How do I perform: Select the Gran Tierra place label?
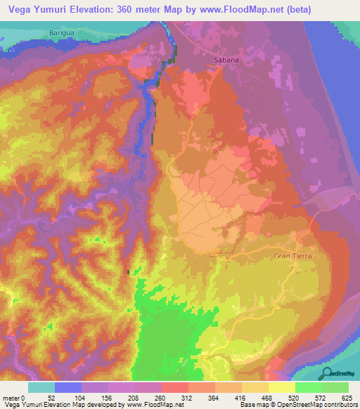(292, 257)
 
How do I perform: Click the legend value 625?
(347, 397)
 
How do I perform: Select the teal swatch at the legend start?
(41, 387)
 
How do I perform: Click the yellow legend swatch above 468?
(281, 387)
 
